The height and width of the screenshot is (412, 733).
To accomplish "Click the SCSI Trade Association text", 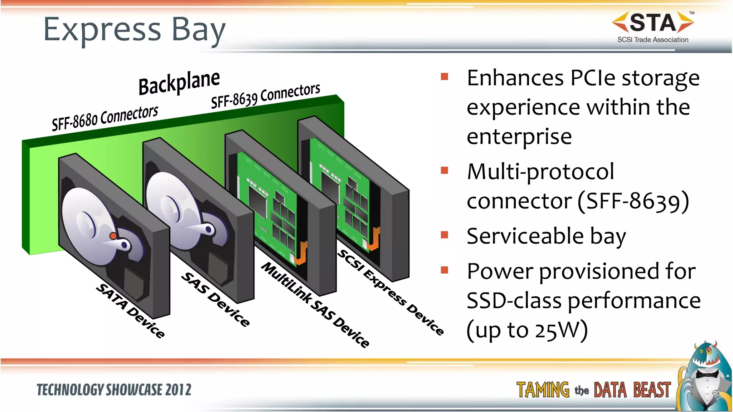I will [652, 40].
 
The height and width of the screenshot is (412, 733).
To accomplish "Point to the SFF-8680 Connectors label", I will [105, 118].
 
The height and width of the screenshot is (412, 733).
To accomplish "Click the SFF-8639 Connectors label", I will [265, 95].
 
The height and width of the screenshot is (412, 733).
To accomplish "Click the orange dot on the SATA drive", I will [113, 236].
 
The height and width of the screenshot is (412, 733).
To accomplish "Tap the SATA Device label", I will [131, 310].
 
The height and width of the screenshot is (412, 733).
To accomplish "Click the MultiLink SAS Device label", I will [315, 305].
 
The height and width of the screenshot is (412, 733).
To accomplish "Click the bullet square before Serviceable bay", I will [445, 235].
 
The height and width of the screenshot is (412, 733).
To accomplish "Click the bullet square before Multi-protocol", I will [445, 170].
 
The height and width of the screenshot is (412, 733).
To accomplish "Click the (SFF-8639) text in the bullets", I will [633, 201].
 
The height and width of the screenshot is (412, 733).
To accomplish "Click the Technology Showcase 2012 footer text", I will [114, 390].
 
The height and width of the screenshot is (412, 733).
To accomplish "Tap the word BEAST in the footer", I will [652, 390].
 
